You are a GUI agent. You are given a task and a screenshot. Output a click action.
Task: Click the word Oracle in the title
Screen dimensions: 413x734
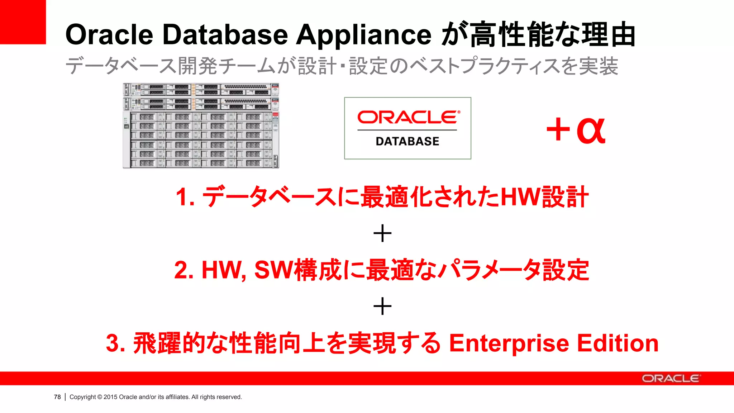(x=109, y=35)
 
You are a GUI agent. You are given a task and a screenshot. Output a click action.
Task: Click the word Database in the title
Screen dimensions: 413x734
(x=225, y=35)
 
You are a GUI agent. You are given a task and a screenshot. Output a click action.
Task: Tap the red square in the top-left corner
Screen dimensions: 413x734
(x=23, y=22)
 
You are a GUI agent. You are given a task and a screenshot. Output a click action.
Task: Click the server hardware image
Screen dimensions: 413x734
(x=201, y=125)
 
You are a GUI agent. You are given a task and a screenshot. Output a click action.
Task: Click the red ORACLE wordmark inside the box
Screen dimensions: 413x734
(x=408, y=117)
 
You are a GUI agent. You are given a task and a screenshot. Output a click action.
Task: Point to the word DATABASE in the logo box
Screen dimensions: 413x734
(x=407, y=141)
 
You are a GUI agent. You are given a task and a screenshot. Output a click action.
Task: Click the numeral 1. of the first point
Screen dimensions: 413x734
(x=185, y=197)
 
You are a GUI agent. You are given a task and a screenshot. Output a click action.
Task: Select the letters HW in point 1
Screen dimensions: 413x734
(x=520, y=197)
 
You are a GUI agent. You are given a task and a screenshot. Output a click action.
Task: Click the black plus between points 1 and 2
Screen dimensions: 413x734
(x=382, y=233)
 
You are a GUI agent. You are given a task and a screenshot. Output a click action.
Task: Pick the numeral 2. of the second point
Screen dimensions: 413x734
(x=184, y=270)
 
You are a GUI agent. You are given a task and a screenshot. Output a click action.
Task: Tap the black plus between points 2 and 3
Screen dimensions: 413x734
(x=382, y=307)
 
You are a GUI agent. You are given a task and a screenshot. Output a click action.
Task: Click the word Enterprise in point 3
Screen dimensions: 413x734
(x=509, y=343)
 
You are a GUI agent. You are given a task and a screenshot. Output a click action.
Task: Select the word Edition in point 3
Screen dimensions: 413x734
(x=618, y=343)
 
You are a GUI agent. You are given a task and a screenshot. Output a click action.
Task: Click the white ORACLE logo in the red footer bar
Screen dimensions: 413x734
(x=670, y=379)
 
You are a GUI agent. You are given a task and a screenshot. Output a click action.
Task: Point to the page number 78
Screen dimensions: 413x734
(x=57, y=397)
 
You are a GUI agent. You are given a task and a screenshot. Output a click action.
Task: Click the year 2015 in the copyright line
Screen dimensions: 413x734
(x=110, y=397)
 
